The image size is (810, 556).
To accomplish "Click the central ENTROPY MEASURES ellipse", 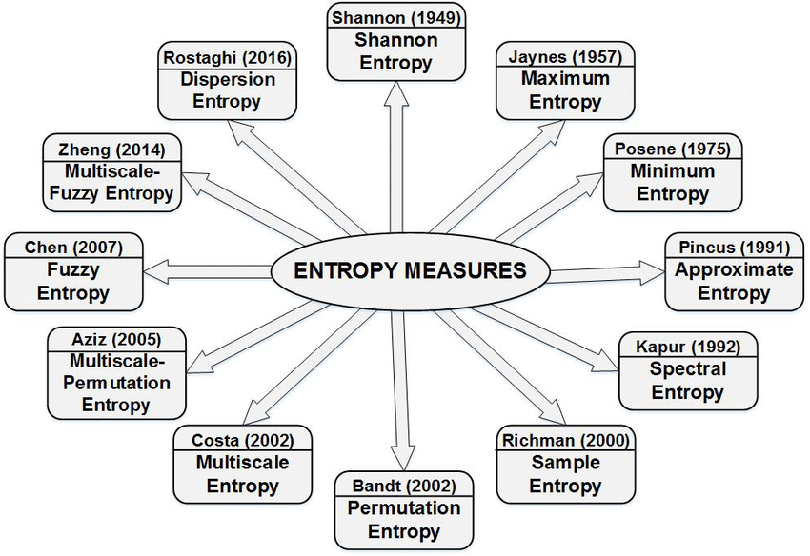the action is [x=410, y=270].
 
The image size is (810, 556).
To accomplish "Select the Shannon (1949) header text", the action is [x=396, y=17].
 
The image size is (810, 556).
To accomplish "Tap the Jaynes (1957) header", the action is [x=565, y=56].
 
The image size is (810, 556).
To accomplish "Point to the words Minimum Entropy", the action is [x=673, y=182].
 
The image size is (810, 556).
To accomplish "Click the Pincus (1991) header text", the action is [x=734, y=248].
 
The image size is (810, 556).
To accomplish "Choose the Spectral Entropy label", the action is [x=688, y=381].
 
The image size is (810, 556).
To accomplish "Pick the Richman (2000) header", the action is [x=566, y=441].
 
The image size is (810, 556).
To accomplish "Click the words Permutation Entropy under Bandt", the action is [x=404, y=520].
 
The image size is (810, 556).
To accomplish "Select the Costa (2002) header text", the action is [x=243, y=441].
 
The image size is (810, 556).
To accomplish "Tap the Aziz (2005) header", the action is [x=116, y=340].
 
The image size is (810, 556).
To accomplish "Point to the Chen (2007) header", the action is [x=73, y=248].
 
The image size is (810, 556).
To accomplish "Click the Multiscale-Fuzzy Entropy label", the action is [x=111, y=182].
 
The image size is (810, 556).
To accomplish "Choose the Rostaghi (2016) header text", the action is [x=228, y=57].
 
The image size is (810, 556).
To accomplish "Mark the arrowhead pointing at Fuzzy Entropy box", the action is [x=155, y=272].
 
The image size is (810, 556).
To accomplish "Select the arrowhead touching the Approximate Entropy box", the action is [x=652, y=270].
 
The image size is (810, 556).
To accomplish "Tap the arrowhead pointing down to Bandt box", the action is [x=403, y=460].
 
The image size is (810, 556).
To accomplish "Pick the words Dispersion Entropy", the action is [x=228, y=90].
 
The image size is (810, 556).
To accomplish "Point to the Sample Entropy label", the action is [x=566, y=474].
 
